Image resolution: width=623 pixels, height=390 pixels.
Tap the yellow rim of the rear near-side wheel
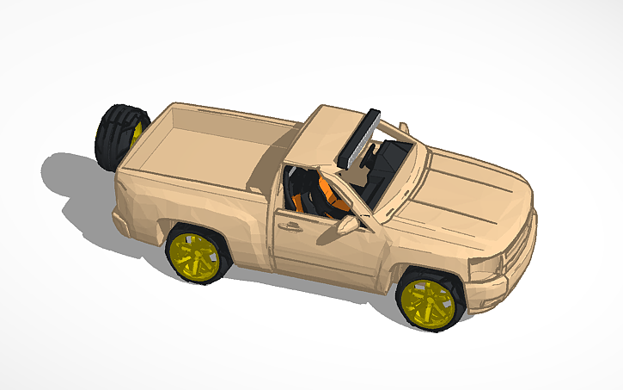(194, 256)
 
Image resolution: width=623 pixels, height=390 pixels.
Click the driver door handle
(290, 227)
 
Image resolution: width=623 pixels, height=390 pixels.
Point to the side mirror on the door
(348, 225)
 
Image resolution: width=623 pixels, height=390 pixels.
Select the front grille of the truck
(519, 245)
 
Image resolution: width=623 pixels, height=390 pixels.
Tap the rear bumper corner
(121, 220)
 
